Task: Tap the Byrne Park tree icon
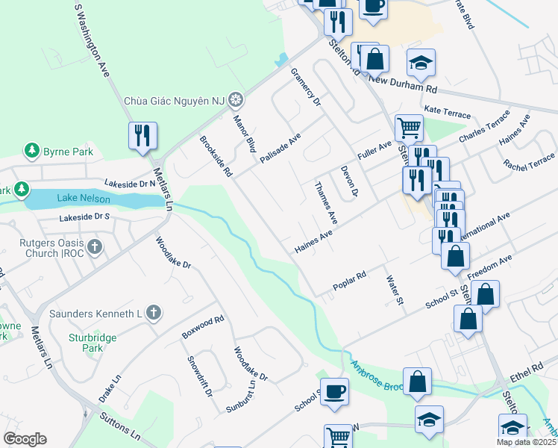[32, 152]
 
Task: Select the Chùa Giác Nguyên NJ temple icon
[236, 99]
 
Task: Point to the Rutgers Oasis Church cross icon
[94, 246]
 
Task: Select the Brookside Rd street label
[216, 155]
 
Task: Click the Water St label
[394, 291]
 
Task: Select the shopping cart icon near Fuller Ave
[408, 128]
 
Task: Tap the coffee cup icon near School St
[334, 391]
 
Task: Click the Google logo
[25, 439]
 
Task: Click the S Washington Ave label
[93, 38]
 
